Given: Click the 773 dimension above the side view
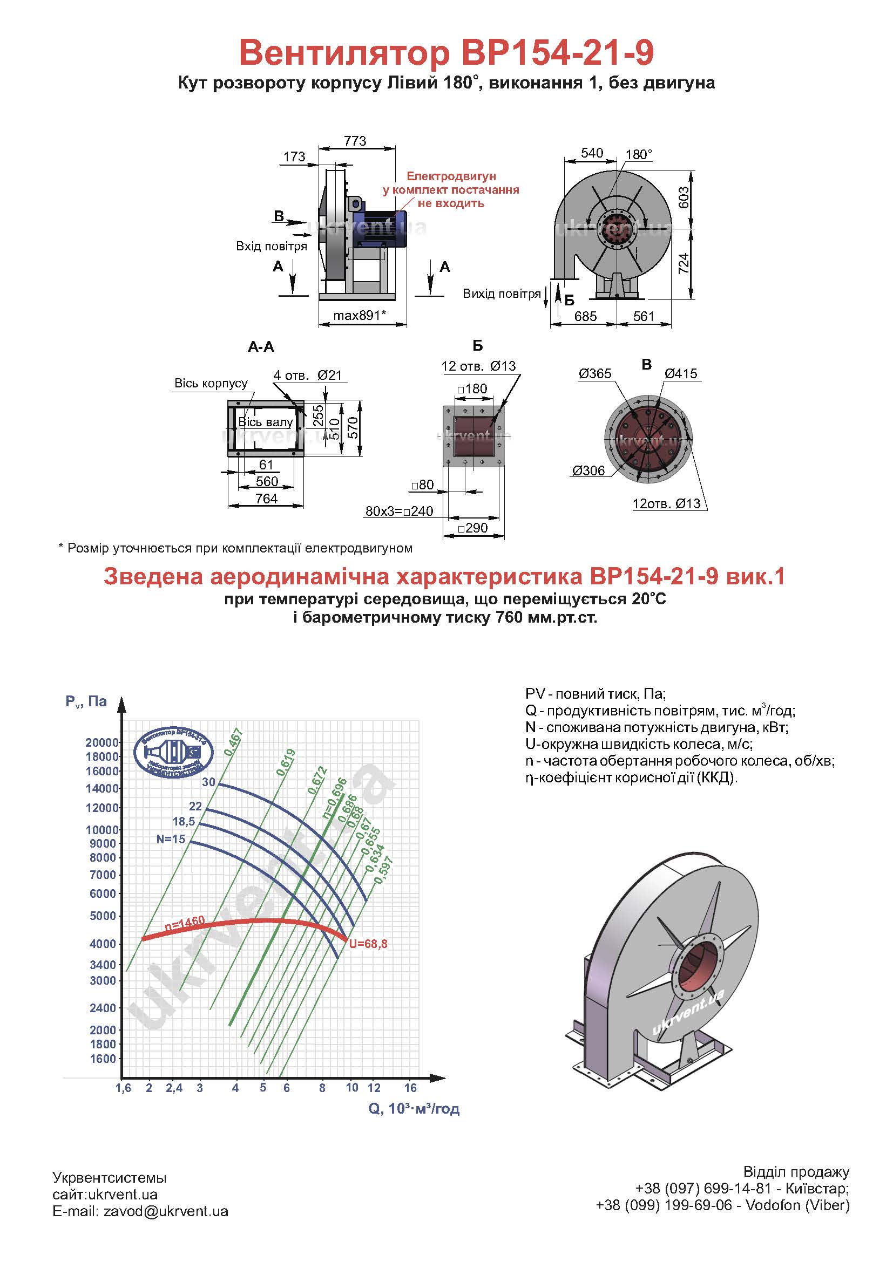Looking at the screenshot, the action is tap(355, 141).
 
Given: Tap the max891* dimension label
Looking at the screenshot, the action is tap(360, 316).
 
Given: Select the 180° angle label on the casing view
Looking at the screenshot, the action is tap(639, 154).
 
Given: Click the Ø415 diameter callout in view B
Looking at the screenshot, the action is tap(681, 374).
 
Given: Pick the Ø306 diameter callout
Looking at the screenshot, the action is tap(588, 470).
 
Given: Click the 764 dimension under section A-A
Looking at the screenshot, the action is tap(266, 499).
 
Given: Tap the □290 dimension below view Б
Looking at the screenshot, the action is tap(473, 528).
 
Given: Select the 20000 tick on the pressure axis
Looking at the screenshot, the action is tap(102, 742).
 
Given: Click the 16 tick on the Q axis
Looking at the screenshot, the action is tap(410, 1088).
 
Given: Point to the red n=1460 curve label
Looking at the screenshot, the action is tap(185, 925).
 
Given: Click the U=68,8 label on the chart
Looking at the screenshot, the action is tap(368, 944).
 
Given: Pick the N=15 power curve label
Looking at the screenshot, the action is tap(171, 840).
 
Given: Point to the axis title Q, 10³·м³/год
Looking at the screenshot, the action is tap(414, 1109).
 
